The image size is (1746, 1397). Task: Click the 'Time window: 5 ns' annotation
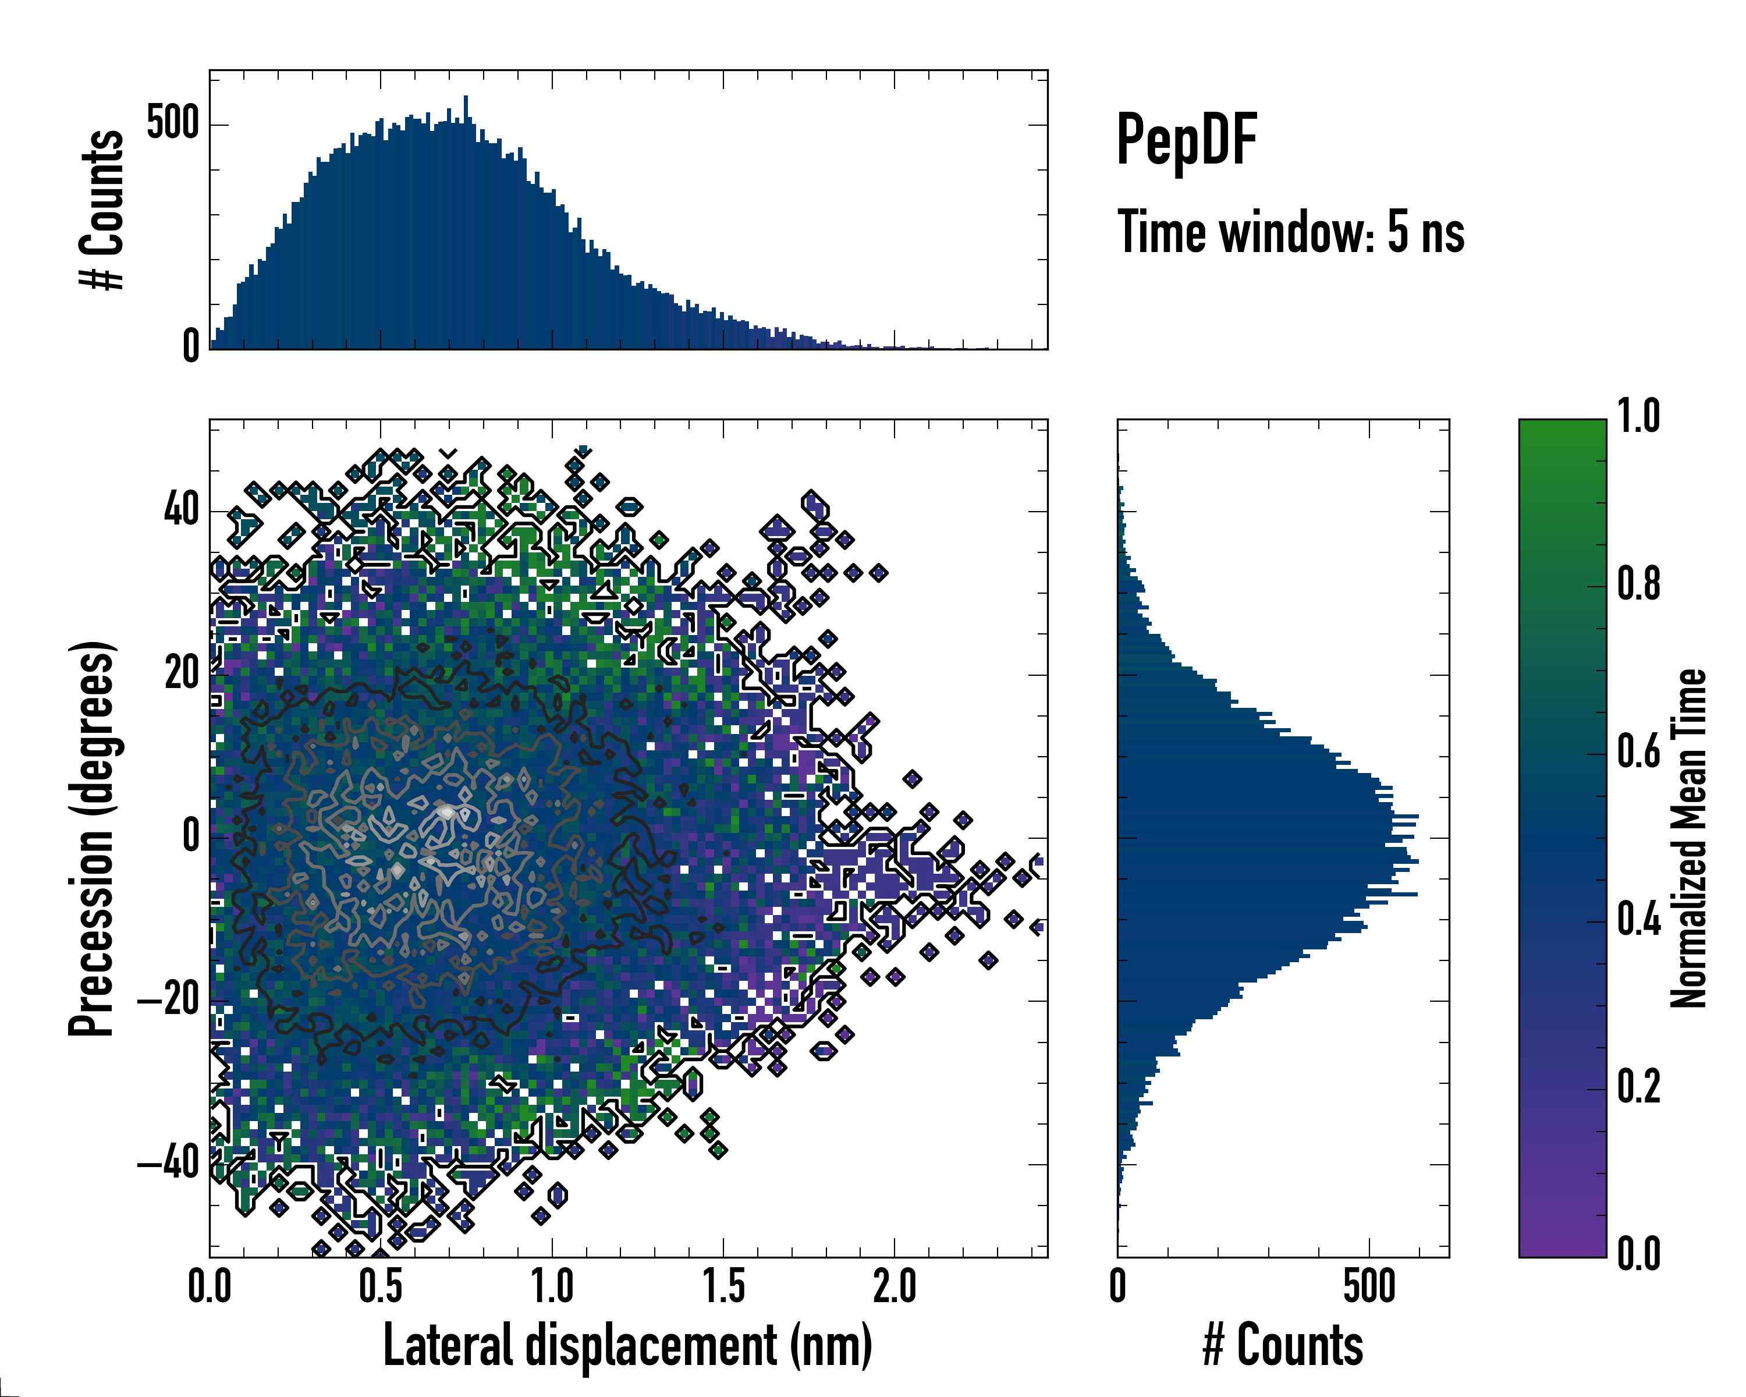(x=1290, y=232)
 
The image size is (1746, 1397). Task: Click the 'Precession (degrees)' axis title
(x=91, y=839)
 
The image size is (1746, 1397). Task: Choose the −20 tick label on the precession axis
(x=168, y=1001)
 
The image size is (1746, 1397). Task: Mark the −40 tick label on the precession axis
(x=168, y=1164)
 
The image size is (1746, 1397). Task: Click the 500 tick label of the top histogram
(x=172, y=124)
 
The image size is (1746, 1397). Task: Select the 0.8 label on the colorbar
(x=1638, y=585)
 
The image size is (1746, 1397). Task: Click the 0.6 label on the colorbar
(x=1638, y=753)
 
